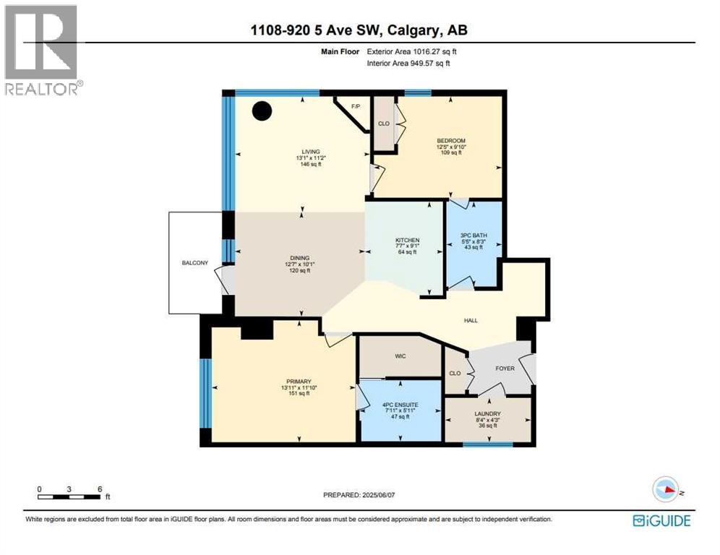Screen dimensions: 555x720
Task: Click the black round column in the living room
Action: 262,111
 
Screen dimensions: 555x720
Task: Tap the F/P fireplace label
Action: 355,107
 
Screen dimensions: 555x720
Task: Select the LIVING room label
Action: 312,151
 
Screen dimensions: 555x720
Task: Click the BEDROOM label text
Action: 451,141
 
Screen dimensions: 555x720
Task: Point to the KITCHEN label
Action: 407,240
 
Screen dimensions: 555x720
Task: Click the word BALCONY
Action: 194,262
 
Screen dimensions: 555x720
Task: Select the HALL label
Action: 470,320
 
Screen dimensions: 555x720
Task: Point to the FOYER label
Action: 505,368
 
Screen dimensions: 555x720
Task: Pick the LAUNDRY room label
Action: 489,413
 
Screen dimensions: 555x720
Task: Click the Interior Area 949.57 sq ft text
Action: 408,64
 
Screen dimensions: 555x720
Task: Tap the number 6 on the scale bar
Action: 98,488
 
